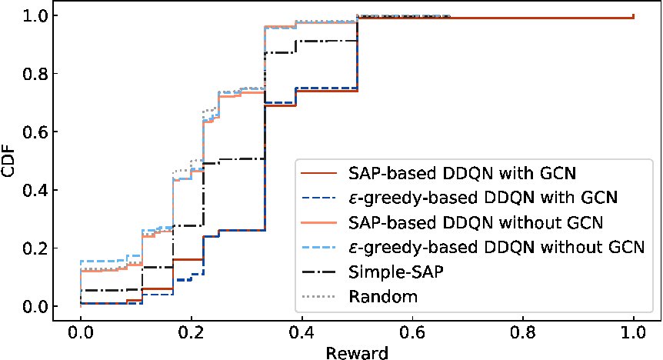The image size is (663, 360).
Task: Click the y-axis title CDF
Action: click(x=8, y=162)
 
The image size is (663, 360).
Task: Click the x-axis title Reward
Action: click(x=357, y=353)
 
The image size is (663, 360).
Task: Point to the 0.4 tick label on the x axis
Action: click(x=302, y=332)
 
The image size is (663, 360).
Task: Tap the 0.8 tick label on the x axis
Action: click(x=522, y=332)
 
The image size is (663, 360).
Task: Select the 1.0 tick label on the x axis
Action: click(x=634, y=332)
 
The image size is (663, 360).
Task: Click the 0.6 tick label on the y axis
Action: click(x=35, y=132)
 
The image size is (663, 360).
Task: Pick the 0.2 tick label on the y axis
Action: click(x=35, y=248)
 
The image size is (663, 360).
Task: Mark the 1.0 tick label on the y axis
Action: click(x=35, y=15)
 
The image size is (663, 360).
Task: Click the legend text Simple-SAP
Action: click(x=396, y=272)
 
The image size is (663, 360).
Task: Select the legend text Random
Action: click(x=383, y=297)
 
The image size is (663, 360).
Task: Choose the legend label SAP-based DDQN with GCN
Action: click(x=462, y=173)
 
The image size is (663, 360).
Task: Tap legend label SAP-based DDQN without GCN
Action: click(x=475, y=222)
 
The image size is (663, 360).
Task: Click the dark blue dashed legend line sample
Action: click(x=318, y=198)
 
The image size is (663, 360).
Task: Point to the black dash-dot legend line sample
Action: click(x=318, y=272)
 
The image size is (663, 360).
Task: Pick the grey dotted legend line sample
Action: click(x=318, y=297)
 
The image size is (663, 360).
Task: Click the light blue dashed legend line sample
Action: click(x=318, y=247)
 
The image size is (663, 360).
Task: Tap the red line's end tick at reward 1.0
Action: click(x=634, y=16)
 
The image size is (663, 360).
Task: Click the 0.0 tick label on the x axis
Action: click(x=80, y=332)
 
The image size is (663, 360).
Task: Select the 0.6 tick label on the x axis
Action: click(x=412, y=332)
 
